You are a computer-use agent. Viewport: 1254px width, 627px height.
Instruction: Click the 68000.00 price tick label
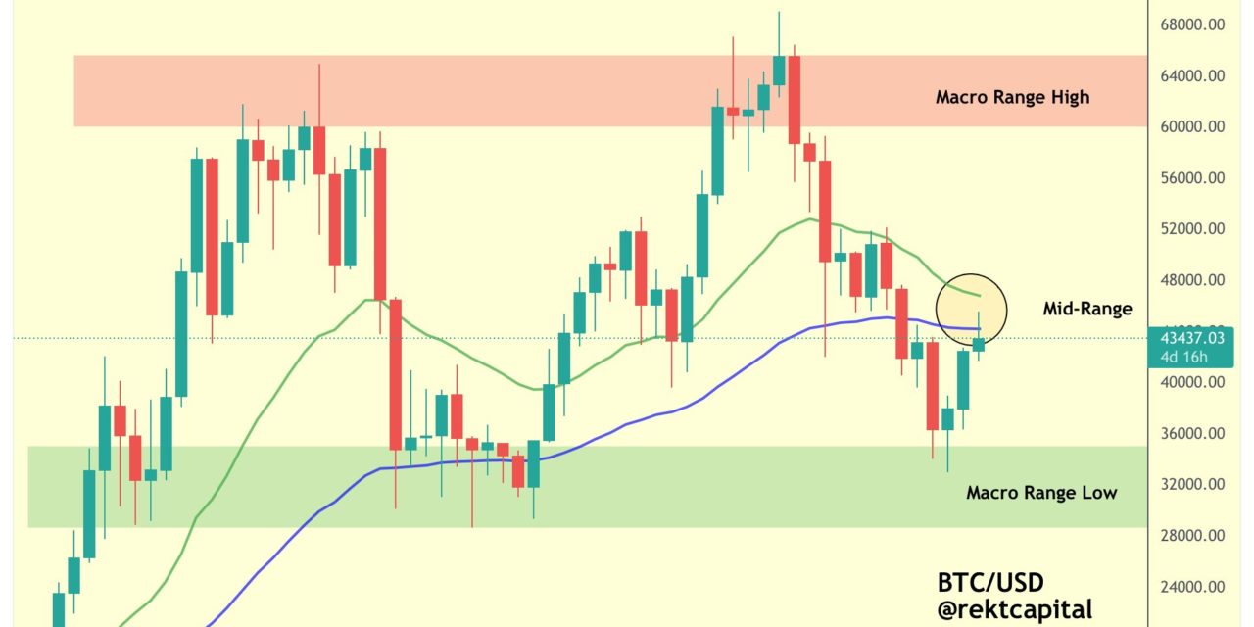tap(1193, 24)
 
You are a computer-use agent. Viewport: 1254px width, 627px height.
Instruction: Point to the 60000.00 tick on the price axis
tap(1193, 126)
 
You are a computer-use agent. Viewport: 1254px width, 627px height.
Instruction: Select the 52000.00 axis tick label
tap(1193, 228)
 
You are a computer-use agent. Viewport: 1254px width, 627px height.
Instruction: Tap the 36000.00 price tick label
tap(1193, 433)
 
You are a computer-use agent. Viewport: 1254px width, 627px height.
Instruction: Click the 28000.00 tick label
tap(1193, 536)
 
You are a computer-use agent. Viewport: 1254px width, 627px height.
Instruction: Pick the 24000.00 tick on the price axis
tap(1193, 587)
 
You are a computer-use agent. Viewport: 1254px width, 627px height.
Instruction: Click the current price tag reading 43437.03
tap(1189, 339)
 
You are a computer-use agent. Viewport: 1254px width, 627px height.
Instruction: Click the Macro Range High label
tap(1012, 97)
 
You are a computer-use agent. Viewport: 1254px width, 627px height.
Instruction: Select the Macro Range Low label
tap(1041, 492)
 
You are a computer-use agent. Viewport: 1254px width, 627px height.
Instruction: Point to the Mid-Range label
tap(1087, 309)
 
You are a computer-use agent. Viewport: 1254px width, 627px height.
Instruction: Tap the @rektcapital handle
tap(1014, 609)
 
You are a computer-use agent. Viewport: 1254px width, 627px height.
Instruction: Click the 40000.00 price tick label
tap(1193, 382)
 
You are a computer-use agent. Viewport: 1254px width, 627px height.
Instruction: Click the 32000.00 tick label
tap(1193, 484)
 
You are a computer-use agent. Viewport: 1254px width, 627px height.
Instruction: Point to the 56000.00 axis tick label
tap(1193, 177)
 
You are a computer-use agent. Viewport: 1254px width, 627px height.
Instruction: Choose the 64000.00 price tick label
tap(1193, 75)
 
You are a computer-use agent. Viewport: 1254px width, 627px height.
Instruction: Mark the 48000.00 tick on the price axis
tap(1193, 279)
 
